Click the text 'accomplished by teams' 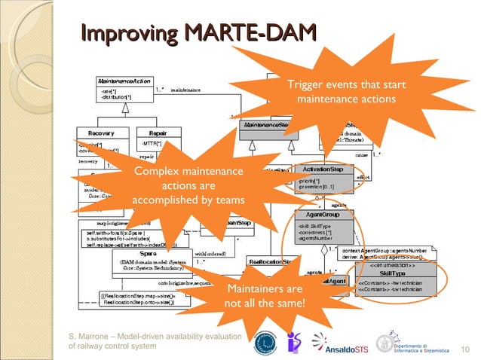pos(188,200)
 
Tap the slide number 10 pos(464,347)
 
